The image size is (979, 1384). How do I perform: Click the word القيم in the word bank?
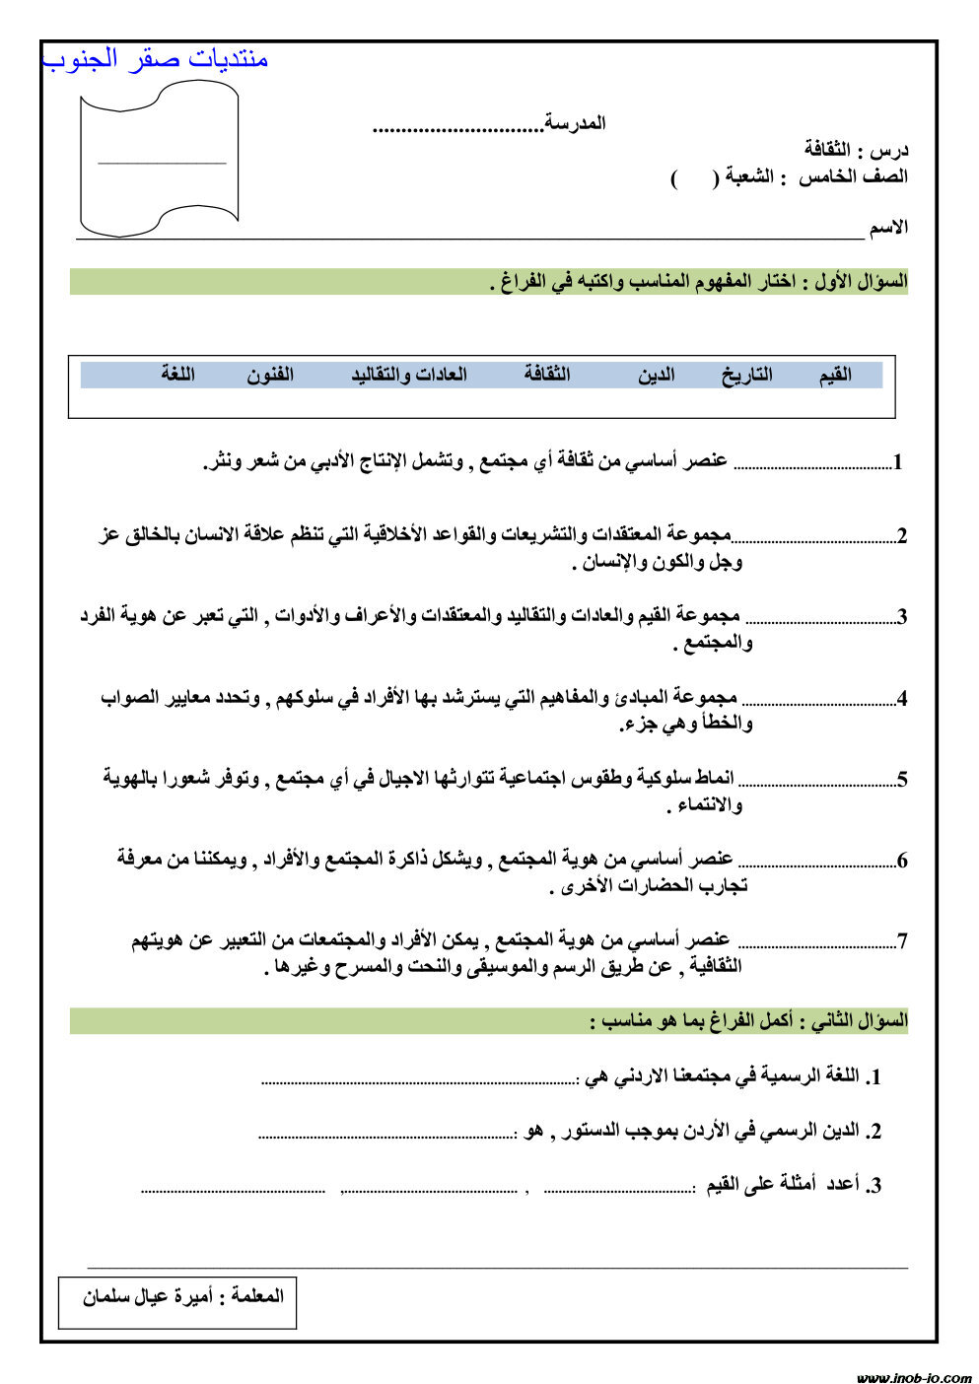tap(835, 375)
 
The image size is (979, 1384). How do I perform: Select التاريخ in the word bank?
tap(746, 375)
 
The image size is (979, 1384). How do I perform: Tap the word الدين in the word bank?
tap(656, 375)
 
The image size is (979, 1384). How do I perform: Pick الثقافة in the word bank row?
tap(547, 375)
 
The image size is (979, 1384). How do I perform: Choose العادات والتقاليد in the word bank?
tap(409, 375)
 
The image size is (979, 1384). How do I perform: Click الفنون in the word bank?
tap(270, 375)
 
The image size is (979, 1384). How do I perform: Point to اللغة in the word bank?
tap(178, 375)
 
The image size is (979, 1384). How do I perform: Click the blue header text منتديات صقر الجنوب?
tap(156, 59)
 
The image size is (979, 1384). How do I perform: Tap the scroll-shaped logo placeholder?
tap(160, 161)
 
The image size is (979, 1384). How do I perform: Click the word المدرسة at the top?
tap(576, 123)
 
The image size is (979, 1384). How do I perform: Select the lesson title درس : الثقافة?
tap(856, 150)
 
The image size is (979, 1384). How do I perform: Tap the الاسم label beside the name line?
tap(888, 228)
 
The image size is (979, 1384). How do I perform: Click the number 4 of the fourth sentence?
tap(901, 699)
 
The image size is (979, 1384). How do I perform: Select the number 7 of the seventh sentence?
tap(901, 941)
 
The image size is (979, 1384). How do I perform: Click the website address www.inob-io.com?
tap(913, 1376)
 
